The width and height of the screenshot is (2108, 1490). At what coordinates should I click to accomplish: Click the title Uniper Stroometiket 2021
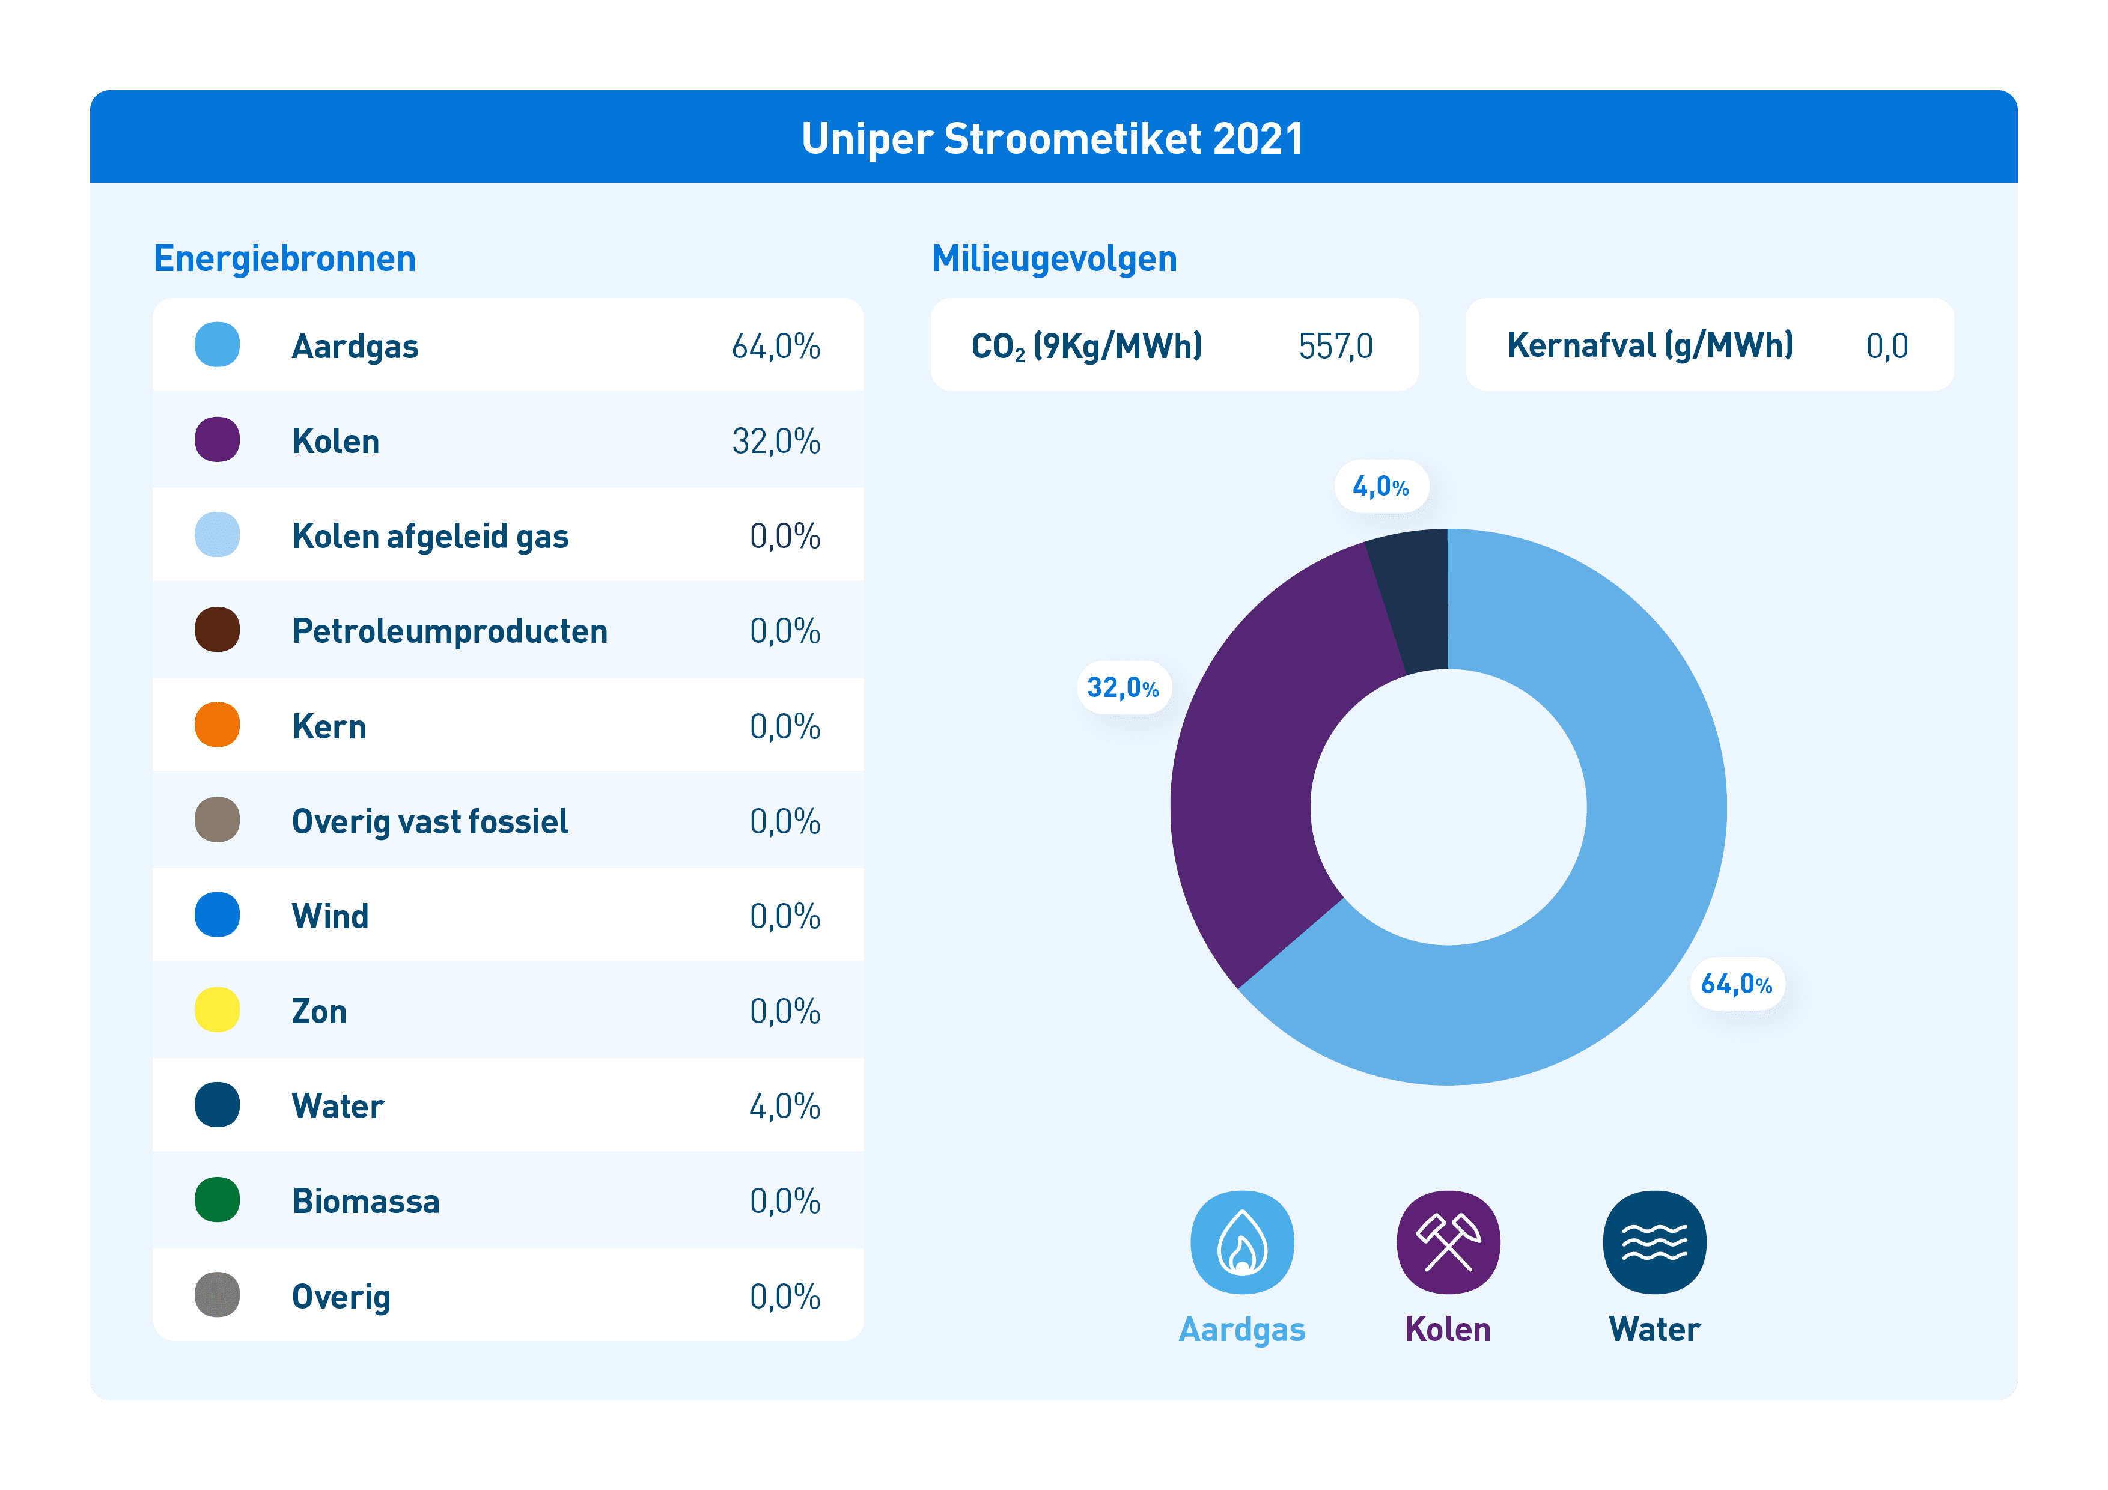tap(1052, 139)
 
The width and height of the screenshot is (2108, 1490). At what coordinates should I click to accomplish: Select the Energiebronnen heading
tap(285, 259)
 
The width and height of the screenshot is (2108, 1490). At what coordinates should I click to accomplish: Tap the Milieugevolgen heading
tap(1054, 259)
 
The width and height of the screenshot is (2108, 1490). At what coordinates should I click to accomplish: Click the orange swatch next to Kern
tap(218, 725)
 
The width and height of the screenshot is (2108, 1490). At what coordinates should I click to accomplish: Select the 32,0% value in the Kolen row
tap(776, 442)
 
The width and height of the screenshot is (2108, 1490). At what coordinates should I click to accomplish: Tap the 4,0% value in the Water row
tap(785, 1106)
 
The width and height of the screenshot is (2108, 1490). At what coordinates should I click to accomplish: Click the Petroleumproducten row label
tap(450, 631)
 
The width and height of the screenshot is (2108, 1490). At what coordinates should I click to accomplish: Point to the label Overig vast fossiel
tap(430, 822)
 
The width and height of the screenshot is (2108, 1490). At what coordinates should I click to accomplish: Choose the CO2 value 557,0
tap(1336, 346)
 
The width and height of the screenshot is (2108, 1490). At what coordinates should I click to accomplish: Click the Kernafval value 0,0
tap(1887, 346)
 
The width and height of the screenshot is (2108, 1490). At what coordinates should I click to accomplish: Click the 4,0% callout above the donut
tap(1381, 487)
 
